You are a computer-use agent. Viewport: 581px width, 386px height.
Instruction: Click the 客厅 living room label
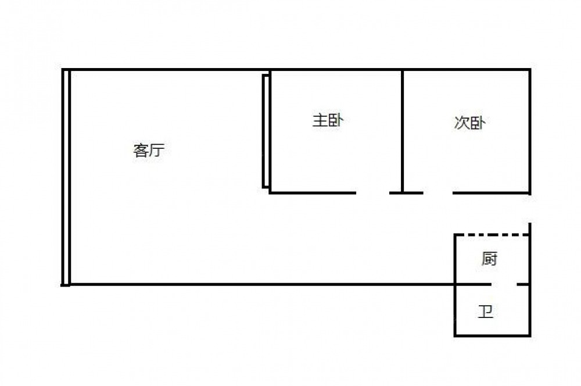pos(149,150)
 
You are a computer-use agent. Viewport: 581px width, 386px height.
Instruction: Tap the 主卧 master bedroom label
pos(328,120)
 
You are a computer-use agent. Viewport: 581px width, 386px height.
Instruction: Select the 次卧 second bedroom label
pos(470,123)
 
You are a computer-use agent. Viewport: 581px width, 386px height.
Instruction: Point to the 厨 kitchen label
pos(489,259)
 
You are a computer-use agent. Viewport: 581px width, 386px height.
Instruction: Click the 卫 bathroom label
pos(485,311)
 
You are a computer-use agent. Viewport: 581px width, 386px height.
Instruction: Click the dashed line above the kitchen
pos(492,235)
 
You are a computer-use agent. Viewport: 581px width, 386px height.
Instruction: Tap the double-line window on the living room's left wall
pos(66,177)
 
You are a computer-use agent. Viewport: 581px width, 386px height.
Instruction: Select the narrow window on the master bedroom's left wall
pos(266,131)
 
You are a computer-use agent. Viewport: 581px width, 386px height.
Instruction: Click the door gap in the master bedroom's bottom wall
pos(373,193)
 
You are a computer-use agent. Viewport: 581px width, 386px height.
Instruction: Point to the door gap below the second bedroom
pos(438,193)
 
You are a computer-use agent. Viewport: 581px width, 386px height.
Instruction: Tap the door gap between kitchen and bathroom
pos(504,284)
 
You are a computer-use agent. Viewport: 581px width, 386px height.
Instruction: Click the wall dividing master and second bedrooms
pos(402,131)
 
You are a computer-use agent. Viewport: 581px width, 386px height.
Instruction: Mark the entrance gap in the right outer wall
pos(530,208)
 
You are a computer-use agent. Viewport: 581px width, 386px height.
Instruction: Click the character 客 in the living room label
pos(141,150)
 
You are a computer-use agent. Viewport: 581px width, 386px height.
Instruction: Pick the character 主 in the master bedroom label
pos(320,120)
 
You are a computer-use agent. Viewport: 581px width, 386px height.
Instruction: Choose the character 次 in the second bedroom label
pos(462,123)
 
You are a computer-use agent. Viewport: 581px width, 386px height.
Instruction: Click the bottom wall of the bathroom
pos(493,335)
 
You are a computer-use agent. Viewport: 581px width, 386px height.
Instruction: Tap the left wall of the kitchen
pos(455,259)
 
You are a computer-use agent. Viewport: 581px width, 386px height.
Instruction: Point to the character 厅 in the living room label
pos(157,150)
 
